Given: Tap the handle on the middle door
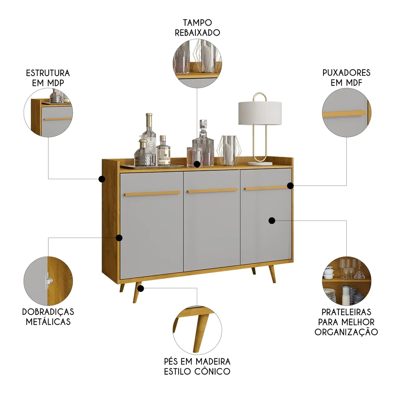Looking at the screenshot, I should pos(213,191).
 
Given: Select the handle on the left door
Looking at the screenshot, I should pos(152,193).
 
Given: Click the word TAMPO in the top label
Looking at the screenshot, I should pos(197,23).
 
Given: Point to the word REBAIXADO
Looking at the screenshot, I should pos(197,33).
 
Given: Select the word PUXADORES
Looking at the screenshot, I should pos(346,73).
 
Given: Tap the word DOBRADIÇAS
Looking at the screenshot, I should pos(48,312).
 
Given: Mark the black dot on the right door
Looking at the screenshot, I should pos(272,221).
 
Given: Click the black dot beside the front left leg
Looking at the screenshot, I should pos(140,288).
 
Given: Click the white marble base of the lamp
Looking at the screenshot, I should pos(260,162).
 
